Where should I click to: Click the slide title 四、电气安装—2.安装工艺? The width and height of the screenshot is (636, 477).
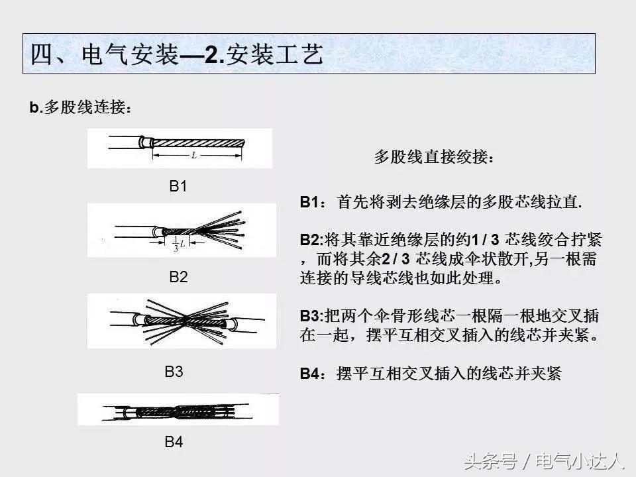(x=177, y=54)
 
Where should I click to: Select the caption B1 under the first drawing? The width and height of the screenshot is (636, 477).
(x=178, y=187)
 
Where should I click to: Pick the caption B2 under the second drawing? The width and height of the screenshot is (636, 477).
(x=178, y=277)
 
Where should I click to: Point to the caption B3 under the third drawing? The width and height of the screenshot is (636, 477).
(x=174, y=372)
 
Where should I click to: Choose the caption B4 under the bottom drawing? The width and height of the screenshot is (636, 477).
(x=174, y=442)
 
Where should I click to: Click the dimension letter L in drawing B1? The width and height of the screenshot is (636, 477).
(x=193, y=156)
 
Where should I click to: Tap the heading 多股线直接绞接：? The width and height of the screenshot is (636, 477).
(x=434, y=158)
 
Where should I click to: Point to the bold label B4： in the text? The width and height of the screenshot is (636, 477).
(x=313, y=374)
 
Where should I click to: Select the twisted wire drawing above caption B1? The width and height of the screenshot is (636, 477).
(x=180, y=148)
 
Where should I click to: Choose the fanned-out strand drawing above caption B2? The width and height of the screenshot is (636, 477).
(x=182, y=230)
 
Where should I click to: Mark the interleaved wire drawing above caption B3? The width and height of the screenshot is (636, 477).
(x=182, y=321)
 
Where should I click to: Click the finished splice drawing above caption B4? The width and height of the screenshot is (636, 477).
(x=178, y=409)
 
